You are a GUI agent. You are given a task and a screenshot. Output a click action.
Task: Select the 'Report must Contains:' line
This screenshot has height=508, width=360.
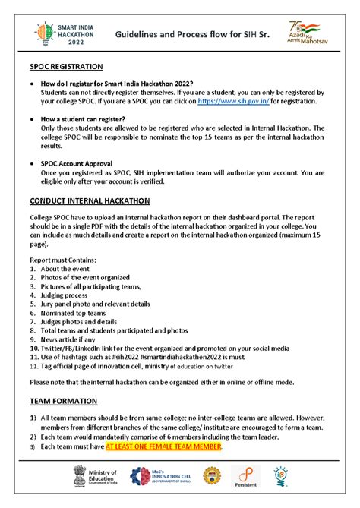pos(65,260)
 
